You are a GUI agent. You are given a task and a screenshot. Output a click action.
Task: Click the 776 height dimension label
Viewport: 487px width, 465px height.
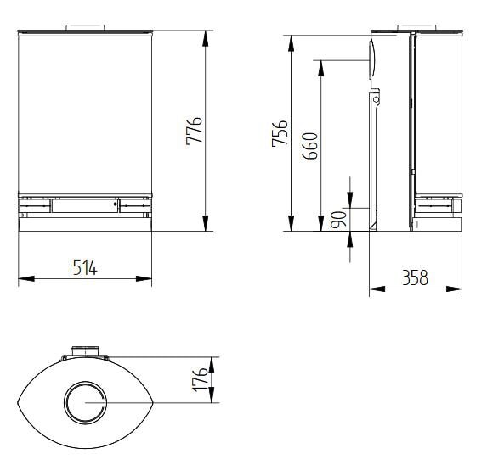[x=195, y=132]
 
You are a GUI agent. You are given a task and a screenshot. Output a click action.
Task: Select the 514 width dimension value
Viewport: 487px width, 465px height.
[x=85, y=267]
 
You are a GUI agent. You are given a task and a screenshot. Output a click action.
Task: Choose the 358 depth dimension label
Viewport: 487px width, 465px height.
[x=415, y=277]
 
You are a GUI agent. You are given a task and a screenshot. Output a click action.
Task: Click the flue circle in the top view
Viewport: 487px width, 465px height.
[x=85, y=401]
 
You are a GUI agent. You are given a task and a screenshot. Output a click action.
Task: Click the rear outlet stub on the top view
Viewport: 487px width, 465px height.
[x=85, y=351]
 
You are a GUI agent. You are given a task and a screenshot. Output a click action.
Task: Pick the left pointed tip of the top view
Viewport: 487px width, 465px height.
[x=19, y=402]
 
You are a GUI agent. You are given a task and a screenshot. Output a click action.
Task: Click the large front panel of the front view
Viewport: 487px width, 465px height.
[x=85, y=110]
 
